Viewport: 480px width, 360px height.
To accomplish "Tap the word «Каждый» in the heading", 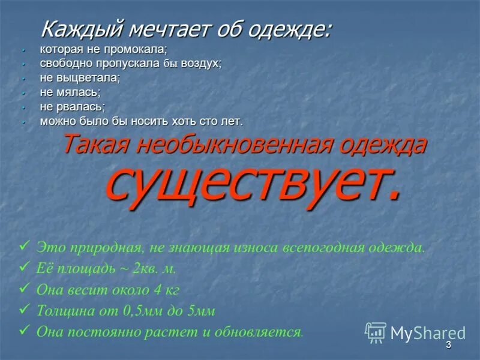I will coord(81,29).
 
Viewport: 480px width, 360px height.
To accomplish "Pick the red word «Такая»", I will coord(97,145).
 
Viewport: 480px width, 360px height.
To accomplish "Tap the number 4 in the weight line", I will coord(157,290).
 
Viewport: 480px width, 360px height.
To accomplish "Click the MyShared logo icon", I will coord(376,332).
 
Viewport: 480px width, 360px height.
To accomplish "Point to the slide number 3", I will coord(448,347).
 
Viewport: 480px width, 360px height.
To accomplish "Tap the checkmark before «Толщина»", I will coord(25,309).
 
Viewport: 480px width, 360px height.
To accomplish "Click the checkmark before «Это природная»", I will coord(25,245).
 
